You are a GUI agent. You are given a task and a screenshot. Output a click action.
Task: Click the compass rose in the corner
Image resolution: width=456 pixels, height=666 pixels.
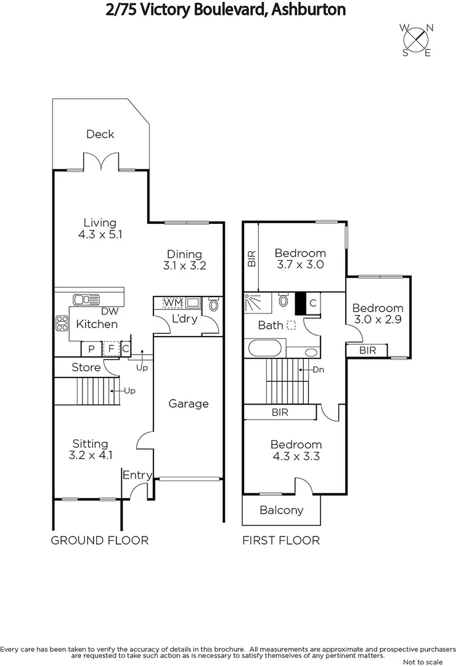point(417,39)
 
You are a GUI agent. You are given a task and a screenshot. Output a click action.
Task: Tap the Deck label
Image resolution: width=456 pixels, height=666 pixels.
point(100,134)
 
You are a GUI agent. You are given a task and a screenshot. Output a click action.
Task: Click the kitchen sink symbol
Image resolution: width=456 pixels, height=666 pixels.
point(86,300)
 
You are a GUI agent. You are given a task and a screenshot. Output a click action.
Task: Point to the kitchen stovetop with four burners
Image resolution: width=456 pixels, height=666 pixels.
point(62,323)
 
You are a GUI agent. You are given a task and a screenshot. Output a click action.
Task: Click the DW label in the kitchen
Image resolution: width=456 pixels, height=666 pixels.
point(109,311)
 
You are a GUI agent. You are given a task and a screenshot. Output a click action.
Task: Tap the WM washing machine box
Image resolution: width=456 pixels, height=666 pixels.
point(173,303)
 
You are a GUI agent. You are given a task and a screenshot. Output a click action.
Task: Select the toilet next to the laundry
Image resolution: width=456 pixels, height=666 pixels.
point(213,305)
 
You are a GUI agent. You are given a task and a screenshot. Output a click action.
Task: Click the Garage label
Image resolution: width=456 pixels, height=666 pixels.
point(189,404)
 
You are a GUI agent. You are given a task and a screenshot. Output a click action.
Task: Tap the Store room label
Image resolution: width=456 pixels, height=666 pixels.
point(86,368)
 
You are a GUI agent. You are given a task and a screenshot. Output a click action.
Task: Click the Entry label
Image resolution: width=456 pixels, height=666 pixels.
point(137,475)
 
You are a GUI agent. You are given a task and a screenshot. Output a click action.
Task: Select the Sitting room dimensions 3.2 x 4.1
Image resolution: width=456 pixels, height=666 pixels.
point(90,456)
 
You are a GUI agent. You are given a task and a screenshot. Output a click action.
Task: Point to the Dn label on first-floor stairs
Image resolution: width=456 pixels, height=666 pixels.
point(318,370)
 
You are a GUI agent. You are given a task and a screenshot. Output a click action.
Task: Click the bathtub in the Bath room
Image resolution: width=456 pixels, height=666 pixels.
point(266,349)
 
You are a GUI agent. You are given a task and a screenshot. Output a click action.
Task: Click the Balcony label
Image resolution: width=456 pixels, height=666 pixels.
point(281,510)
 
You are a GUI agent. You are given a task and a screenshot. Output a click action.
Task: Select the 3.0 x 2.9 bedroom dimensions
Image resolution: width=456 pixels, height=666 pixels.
point(377,320)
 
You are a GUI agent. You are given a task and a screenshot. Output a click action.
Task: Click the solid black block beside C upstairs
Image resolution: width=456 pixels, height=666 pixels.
point(301,303)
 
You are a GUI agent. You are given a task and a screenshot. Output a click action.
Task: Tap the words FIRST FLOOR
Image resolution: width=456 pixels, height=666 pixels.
point(281,541)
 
